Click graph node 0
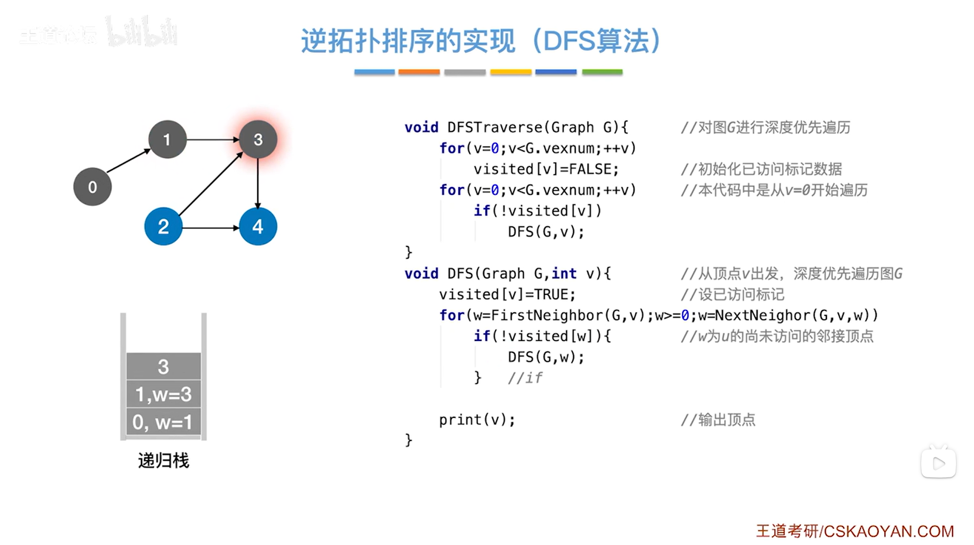[92, 187]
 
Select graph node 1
[167, 139]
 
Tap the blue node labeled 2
[163, 227]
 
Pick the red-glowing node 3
[258, 139]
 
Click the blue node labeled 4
[258, 227]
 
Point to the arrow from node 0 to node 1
[129, 161]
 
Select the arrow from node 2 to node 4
[210, 227]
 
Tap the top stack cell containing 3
[163, 367]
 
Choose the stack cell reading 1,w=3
[163, 394]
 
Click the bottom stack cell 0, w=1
[163, 422]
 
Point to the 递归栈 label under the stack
[163, 460]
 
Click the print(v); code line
[477, 420]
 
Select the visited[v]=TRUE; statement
[507, 295]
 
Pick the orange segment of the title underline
[419, 72]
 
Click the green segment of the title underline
[602, 72]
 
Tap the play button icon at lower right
[938, 463]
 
